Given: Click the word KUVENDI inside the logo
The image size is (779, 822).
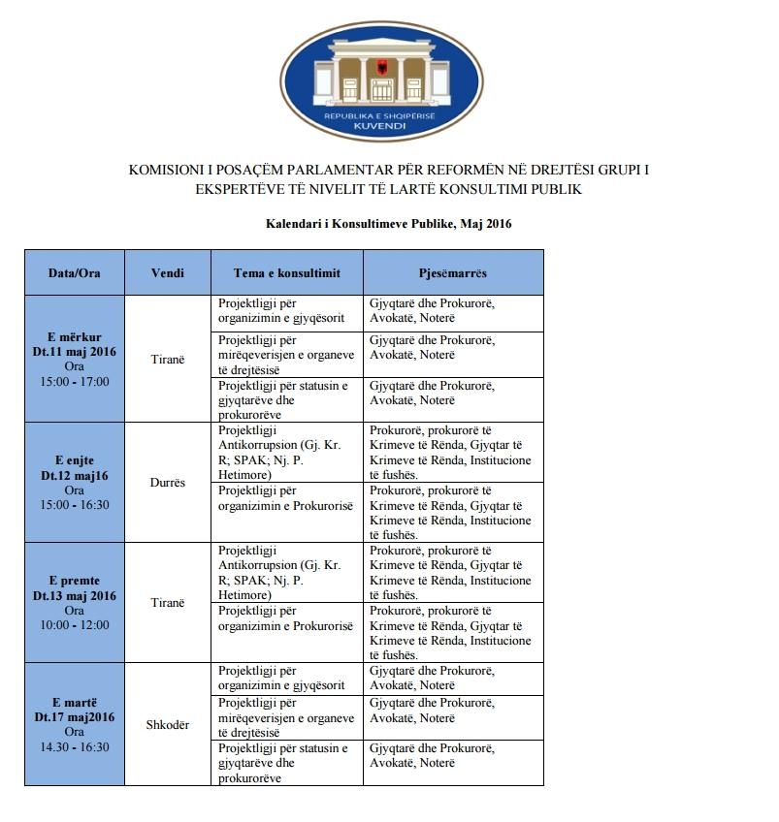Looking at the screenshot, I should click(x=389, y=127).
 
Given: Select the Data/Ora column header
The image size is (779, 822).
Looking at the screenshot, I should click(x=75, y=273).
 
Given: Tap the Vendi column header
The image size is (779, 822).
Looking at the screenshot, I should click(x=168, y=273).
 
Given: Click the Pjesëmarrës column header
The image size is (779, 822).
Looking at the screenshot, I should click(x=453, y=273).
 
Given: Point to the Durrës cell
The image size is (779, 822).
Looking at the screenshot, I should click(x=168, y=482).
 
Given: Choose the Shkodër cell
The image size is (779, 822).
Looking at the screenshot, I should click(x=168, y=725).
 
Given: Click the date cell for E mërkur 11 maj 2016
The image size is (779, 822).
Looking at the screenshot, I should click(x=75, y=359).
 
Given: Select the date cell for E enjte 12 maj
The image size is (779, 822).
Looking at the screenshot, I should click(x=75, y=482).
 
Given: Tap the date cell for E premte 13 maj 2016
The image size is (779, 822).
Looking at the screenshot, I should click(x=75, y=603).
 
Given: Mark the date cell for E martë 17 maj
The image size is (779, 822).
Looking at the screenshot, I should click(x=75, y=724).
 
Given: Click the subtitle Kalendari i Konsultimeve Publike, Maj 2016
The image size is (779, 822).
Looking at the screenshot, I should click(x=389, y=224).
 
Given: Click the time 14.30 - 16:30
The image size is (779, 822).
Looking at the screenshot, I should click(x=75, y=746).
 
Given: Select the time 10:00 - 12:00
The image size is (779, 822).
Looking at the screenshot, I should click(x=75, y=625).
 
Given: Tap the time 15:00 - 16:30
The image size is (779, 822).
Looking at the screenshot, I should click(x=75, y=504).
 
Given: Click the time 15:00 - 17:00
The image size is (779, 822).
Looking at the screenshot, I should click(x=75, y=381).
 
